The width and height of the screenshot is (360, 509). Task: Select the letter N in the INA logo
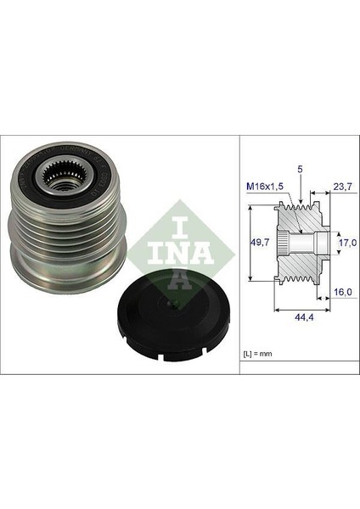tap(176, 243)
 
